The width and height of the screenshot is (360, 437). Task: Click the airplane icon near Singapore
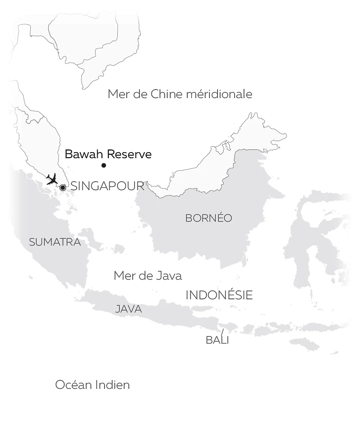(52, 179)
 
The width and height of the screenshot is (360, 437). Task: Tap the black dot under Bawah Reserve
(104, 165)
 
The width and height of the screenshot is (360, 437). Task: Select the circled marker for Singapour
(63, 188)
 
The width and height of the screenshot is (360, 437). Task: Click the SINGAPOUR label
(107, 186)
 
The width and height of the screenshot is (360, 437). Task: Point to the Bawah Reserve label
(108, 154)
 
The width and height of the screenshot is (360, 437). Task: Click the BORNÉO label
(209, 218)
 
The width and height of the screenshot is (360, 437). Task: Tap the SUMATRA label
(55, 242)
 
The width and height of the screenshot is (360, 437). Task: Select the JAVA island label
(128, 309)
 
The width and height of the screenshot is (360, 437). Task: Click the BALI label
(217, 340)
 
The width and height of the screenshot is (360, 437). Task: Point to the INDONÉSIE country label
(219, 295)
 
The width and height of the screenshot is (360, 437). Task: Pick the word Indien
(112, 385)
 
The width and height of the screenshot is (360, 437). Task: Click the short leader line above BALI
(222, 332)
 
